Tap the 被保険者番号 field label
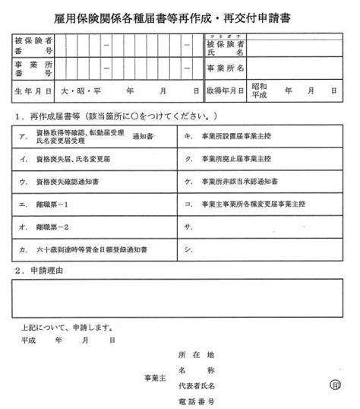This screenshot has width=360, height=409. click(33, 46)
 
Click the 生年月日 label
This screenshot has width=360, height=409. click(33, 90)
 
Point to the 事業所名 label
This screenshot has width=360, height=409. click(226, 68)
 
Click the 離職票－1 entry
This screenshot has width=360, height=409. click(53, 204)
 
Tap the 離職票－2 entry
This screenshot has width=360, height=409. click(53, 227)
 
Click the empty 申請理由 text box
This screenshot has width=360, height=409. click(179, 298)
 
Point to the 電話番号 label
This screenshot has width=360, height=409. click(197, 401)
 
